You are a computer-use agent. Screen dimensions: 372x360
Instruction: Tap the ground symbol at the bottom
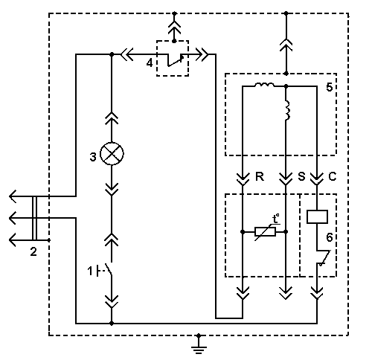pyautogui.click(x=199, y=347)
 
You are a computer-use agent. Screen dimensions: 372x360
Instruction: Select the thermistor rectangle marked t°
pyautogui.click(x=265, y=232)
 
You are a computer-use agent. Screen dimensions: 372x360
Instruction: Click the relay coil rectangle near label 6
pyautogui.click(x=317, y=216)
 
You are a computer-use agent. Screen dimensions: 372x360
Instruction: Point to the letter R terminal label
pyautogui.click(x=260, y=177)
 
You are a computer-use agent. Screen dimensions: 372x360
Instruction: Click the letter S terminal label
pyautogui.click(x=301, y=177)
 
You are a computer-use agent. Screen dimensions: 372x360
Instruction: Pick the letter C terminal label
pyautogui.click(x=333, y=177)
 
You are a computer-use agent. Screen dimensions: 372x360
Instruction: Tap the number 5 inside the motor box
pyautogui.click(x=330, y=87)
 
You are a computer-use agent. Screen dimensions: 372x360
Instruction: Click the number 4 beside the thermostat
pyautogui.click(x=150, y=63)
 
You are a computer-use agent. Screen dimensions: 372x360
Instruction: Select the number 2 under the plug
pyautogui.click(x=33, y=252)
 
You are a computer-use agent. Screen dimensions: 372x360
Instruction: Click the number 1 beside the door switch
pyautogui.click(x=90, y=271)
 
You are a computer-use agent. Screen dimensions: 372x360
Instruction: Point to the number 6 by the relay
pyautogui.click(x=330, y=237)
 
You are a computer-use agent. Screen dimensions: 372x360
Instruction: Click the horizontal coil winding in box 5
pyautogui.click(x=264, y=85)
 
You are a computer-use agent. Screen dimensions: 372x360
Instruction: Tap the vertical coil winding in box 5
pyautogui.click(x=287, y=110)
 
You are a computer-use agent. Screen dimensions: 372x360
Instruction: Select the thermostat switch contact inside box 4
pyautogui.click(x=176, y=60)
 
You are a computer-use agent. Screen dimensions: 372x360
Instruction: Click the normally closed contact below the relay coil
pyautogui.click(x=324, y=258)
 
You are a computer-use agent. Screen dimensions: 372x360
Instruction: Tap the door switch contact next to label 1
pyautogui.click(x=109, y=269)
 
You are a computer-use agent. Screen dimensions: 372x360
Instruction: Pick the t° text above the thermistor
pyautogui.click(x=276, y=219)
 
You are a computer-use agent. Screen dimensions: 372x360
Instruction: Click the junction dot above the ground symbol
pyautogui.click(x=199, y=335)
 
